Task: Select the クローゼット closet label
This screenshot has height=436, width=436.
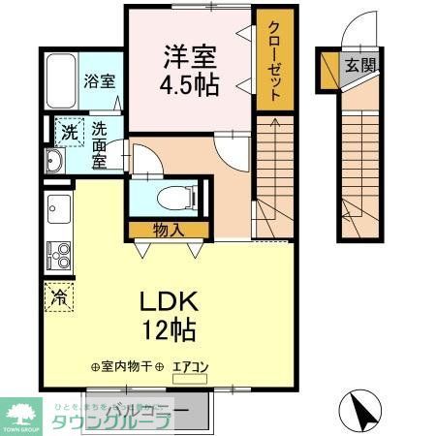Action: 273,60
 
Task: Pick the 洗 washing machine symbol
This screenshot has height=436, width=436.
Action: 69,133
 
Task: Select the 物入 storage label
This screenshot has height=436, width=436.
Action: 168,230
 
